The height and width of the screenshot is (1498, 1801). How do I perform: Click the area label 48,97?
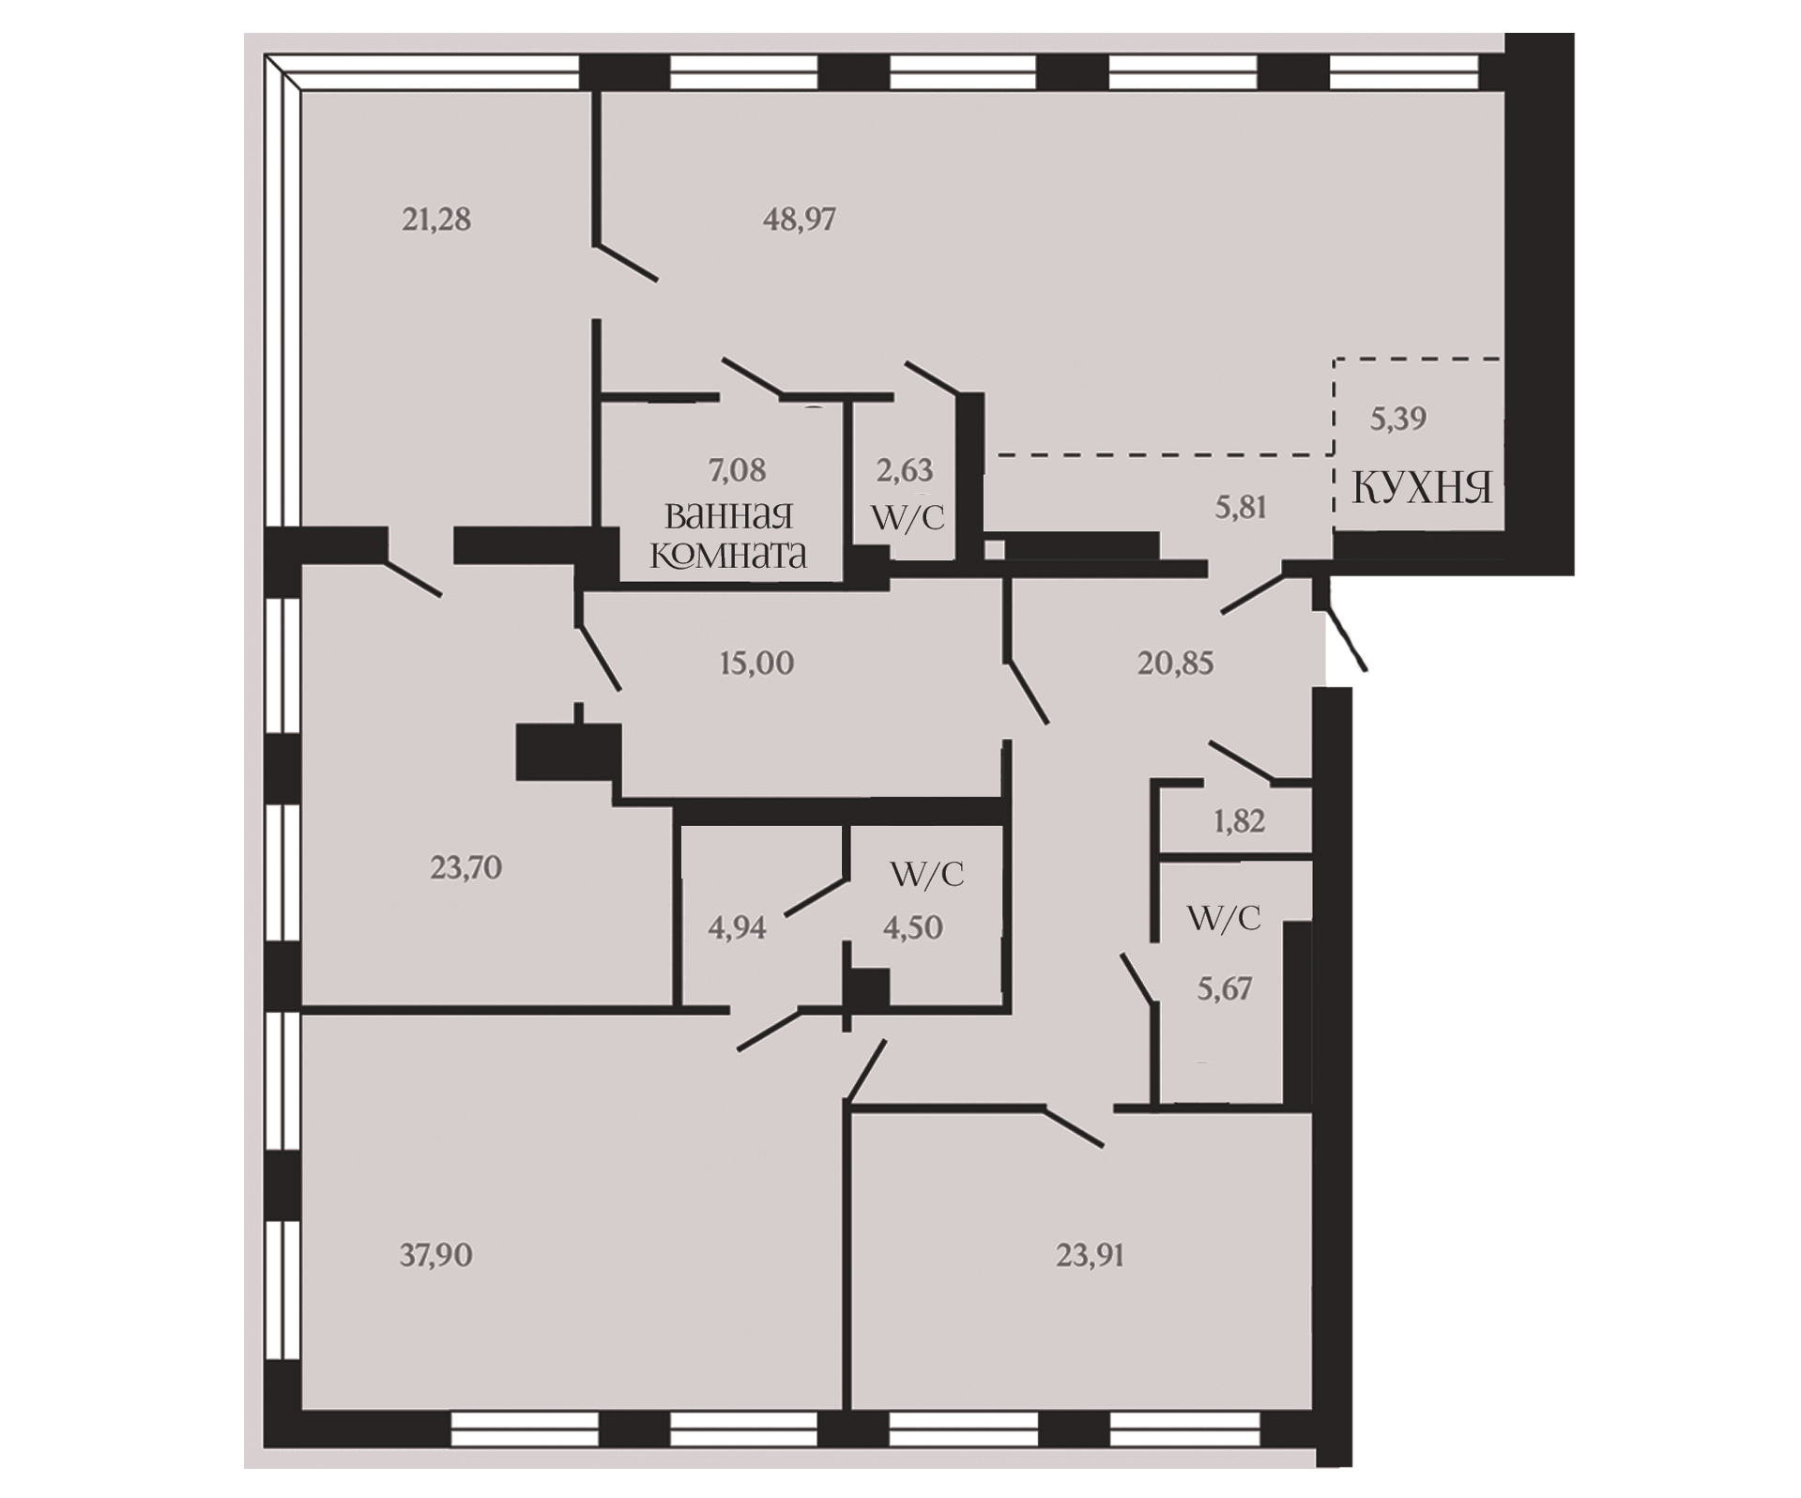pyautogui.click(x=799, y=220)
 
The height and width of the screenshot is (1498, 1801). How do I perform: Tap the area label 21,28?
pyautogui.click(x=436, y=220)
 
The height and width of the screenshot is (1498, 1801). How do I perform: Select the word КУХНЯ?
pyautogui.click(x=1422, y=489)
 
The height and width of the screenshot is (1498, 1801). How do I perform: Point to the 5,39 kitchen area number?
pyautogui.click(x=1398, y=419)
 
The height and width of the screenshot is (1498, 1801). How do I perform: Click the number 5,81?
pyautogui.click(x=1241, y=508)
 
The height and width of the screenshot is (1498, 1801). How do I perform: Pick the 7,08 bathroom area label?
pyautogui.click(x=738, y=469)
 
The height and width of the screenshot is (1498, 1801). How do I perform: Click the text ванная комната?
pyautogui.click(x=728, y=535)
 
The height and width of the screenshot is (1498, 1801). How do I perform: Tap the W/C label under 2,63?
pyautogui.click(x=908, y=518)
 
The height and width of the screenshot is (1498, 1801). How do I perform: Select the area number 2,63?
pyautogui.click(x=905, y=469)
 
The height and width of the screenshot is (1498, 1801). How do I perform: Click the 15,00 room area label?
pyautogui.click(x=756, y=664)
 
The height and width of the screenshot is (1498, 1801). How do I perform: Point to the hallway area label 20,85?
pyautogui.click(x=1175, y=664)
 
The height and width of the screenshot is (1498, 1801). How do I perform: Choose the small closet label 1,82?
pyautogui.click(x=1239, y=821)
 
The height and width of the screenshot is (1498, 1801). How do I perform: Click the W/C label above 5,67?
pyautogui.click(x=1224, y=918)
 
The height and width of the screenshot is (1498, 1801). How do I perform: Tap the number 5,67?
pyautogui.click(x=1225, y=988)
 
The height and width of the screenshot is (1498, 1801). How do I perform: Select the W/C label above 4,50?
pyautogui.click(x=927, y=875)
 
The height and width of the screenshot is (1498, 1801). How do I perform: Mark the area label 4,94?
pyautogui.click(x=737, y=928)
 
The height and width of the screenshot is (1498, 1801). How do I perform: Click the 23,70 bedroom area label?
pyautogui.click(x=466, y=867)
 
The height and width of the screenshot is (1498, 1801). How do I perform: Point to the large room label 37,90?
pyautogui.click(x=436, y=1255)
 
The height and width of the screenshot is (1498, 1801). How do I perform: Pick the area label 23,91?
pyautogui.click(x=1090, y=1255)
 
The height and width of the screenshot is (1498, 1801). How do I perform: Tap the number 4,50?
pyautogui.click(x=912, y=928)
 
